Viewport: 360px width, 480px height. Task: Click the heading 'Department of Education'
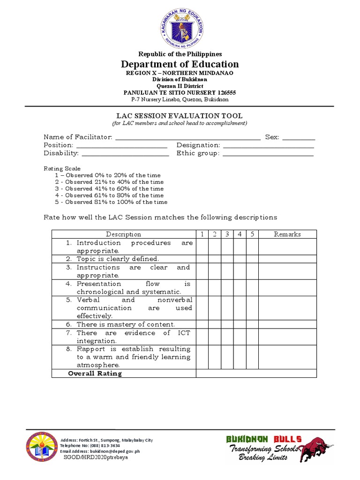tap(180, 64)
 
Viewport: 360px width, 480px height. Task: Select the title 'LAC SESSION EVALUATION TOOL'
tap(180, 116)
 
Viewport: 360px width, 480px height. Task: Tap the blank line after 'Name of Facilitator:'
tap(187, 138)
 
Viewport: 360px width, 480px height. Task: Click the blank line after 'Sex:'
tap(299, 138)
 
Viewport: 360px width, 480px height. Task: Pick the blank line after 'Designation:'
tap(268, 146)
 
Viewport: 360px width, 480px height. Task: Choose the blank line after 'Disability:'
tap(125, 154)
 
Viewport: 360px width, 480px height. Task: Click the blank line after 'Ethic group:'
tap(268, 154)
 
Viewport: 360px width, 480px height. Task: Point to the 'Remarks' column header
tap(287, 234)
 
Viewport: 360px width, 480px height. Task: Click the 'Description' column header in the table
tap(123, 234)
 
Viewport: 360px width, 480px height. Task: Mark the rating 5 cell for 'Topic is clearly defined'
tap(252, 259)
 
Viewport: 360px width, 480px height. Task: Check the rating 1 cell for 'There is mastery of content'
tap(202, 324)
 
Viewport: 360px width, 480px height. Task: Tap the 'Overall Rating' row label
tap(95, 374)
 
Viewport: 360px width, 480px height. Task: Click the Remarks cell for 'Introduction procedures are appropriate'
tap(287, 247)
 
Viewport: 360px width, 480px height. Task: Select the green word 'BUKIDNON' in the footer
tap(247, 439)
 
